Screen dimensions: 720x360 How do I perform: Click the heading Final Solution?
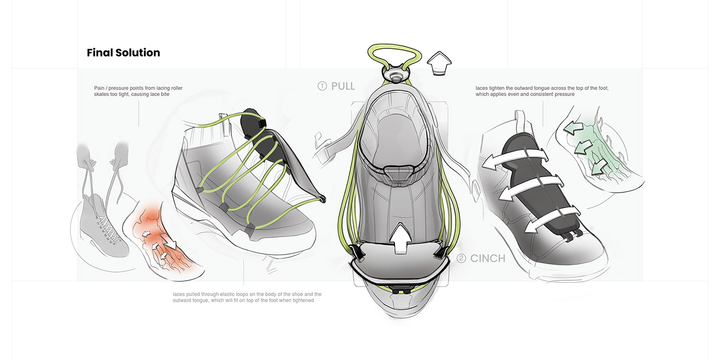click(123, 53)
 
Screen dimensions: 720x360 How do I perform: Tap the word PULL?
click(343, 86)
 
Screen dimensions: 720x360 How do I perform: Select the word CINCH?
click(488, 258)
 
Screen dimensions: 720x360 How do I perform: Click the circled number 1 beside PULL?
click(322, 86)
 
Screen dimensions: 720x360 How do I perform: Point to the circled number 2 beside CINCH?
click(461, 258)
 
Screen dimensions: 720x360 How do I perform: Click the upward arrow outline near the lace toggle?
click(441, 63)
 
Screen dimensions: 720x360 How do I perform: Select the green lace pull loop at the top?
click(395, 51)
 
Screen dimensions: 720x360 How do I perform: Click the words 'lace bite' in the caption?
click(157, 95)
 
